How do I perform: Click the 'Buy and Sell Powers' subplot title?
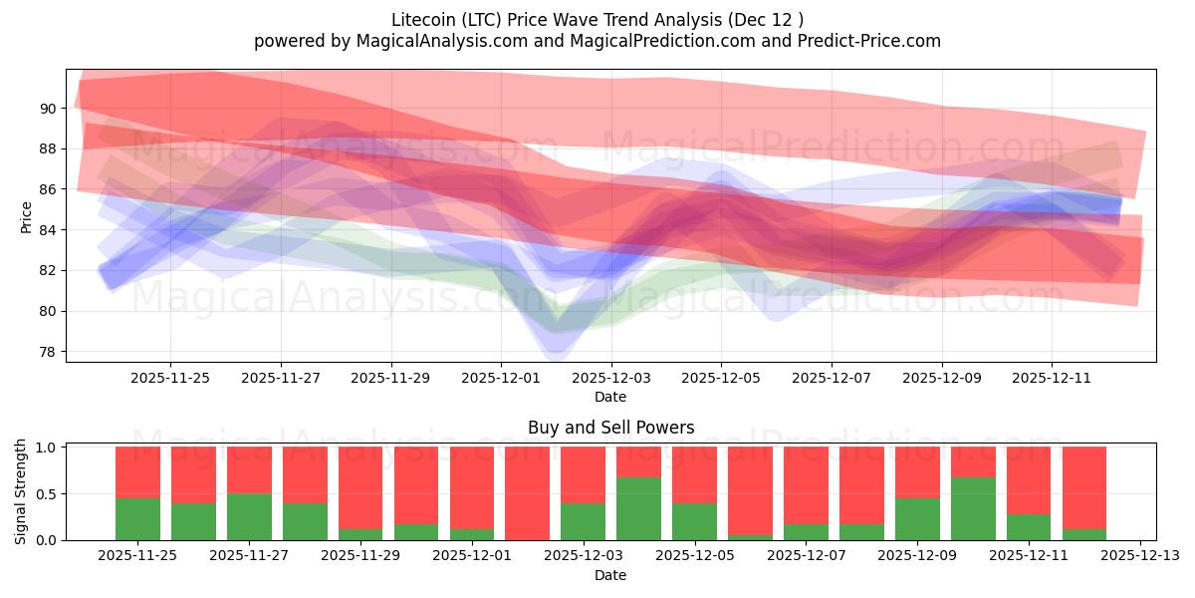pos(610,428)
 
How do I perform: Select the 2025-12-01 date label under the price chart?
pos(501,378)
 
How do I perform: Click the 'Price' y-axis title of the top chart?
pos(26,217)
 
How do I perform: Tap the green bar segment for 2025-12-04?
pos(638,508)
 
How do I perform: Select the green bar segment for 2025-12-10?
pos(972,508)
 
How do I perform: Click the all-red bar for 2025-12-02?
pos(527,493)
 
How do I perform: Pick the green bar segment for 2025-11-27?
pos(249,516)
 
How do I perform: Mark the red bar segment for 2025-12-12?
pos(1083,483)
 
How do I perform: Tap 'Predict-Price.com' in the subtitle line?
pos(873,41)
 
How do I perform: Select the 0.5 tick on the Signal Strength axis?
pos(47,493)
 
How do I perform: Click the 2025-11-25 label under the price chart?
pos(170,378)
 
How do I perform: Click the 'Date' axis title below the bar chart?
pos(610,575)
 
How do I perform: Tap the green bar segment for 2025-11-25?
pos(137,518)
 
